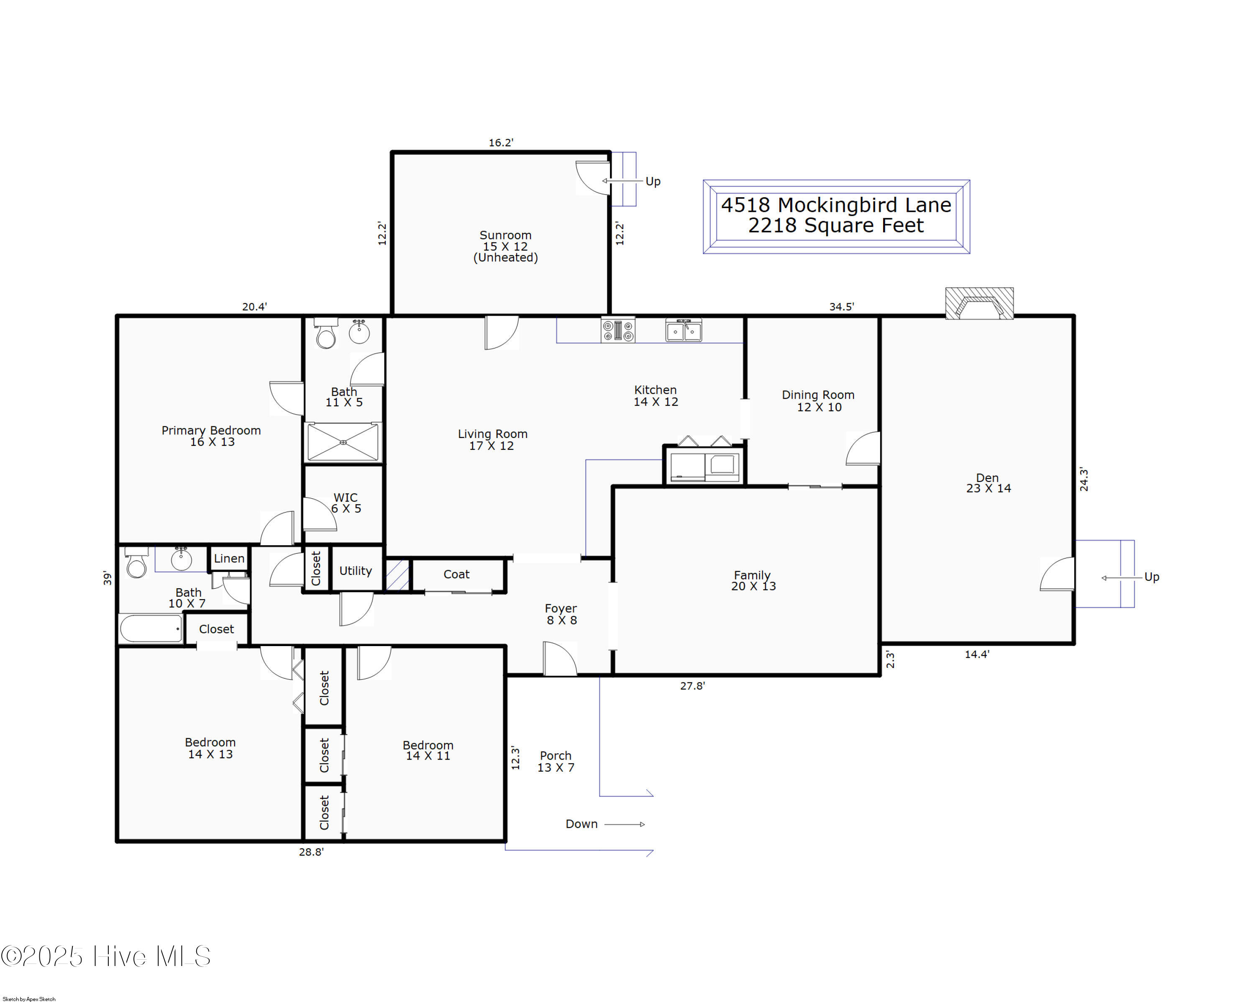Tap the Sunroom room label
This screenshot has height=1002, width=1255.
point(505,235)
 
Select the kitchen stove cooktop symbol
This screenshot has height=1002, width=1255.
point(617,331)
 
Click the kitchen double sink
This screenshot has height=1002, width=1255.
point(684,331)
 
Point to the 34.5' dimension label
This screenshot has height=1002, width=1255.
point(841,307)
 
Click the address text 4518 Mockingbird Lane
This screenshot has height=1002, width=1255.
point(836,205)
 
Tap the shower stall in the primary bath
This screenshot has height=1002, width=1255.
point(343,443)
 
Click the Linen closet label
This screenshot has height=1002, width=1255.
point(229,559)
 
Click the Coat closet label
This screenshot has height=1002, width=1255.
point(456,574)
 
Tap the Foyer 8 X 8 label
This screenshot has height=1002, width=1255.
point(561,614)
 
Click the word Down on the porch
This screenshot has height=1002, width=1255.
point(581,824)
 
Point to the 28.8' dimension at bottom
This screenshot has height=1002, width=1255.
point(311,852)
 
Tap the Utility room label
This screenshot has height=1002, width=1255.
point(355,571)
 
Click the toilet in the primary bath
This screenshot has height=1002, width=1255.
point(326,335)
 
